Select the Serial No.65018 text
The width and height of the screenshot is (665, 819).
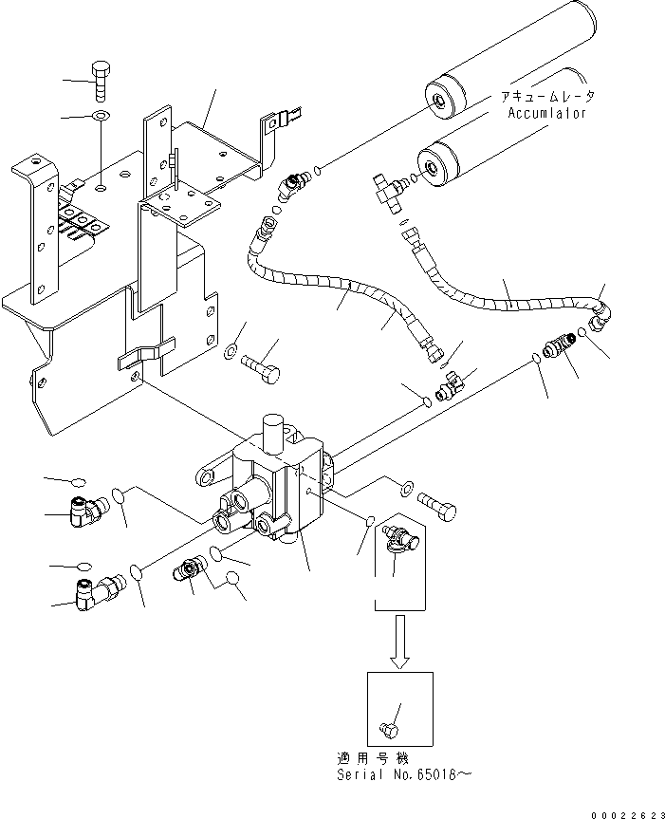click(398, 774)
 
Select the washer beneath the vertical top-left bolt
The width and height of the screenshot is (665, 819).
click(101, 116)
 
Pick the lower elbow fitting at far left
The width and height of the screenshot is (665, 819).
click(95, 588)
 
